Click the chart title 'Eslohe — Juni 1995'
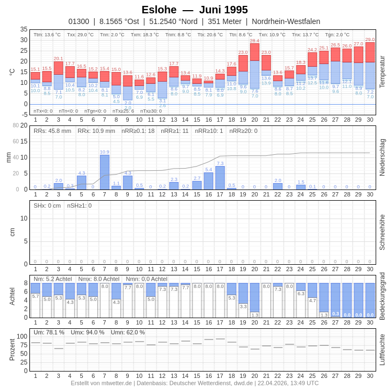194,10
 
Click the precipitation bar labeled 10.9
105,172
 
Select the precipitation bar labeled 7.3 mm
220,178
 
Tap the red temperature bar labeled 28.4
254,51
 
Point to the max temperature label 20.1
58,59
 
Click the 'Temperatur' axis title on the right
382,72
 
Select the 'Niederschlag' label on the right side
382,157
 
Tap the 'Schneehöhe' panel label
382,232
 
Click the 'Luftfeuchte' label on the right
382,350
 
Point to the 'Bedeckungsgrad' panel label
382,296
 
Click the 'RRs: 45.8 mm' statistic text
52,131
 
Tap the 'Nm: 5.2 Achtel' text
52,279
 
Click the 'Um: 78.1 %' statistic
49,332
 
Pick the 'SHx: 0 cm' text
47,206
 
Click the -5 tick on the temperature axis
24,114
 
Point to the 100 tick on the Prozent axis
22,336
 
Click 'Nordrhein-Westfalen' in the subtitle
286,21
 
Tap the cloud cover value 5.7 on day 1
35,296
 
